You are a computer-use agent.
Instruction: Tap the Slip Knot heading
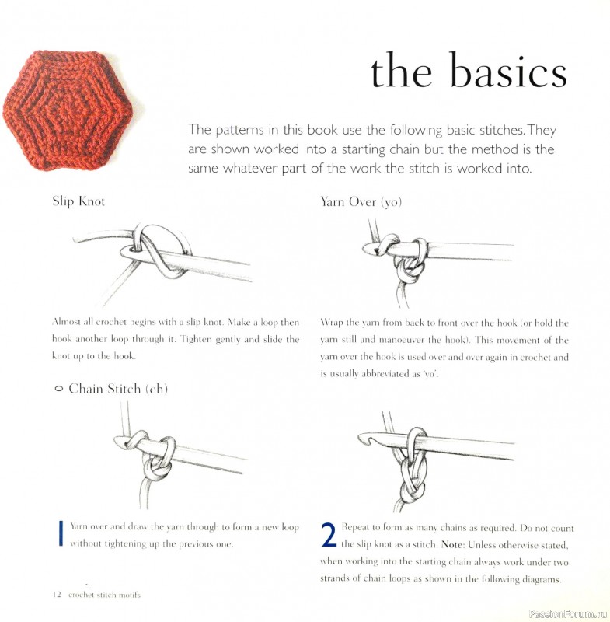78,201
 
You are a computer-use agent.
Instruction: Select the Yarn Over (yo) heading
361,201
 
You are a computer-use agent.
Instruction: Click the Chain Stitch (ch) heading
117,388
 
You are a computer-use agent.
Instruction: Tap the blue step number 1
60,535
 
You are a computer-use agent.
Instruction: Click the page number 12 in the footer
57,595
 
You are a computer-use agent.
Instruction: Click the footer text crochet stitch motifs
104,595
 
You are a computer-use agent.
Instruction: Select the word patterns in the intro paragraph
237,130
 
